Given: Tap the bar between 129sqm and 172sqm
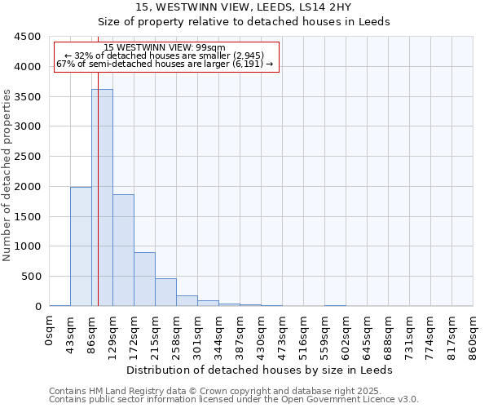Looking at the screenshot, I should pyautogui.click(x=123, y=250).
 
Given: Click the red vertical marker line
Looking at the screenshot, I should pyautogui.click(x=98, y=204).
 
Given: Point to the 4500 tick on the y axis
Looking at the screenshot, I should pyautogui.click(x=28, y=37).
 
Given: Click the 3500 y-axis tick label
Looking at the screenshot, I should pyautogui.click(x=28, y=96).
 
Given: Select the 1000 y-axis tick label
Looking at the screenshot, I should pyautogui.click(x=28, y=246).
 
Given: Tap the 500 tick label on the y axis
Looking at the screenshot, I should pyautogui.click(x=31, y=277).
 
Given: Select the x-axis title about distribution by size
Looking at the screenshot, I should pyautogui.click(x=260, y=370).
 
